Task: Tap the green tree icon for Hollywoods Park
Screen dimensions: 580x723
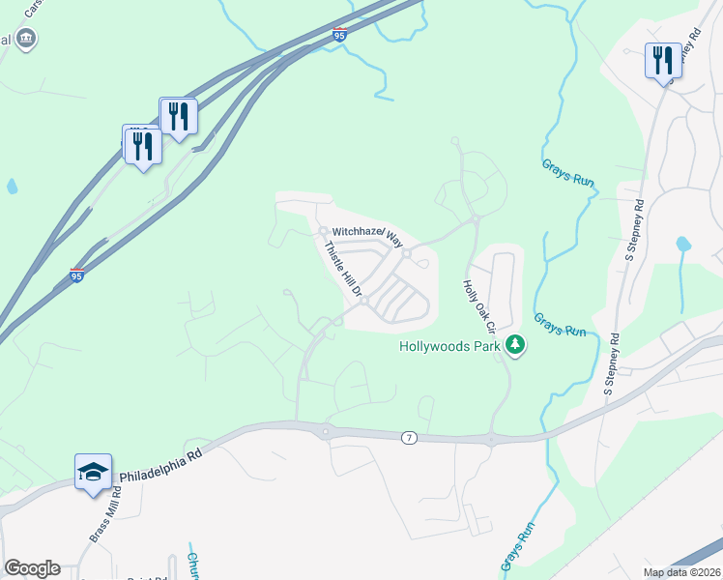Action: coord(515,345)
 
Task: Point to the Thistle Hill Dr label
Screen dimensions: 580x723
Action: coord(342,269)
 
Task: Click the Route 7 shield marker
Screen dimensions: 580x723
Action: coord(409,438)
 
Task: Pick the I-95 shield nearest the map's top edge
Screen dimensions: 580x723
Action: coord(339,35)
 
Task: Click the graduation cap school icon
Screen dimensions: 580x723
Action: coord(93,472)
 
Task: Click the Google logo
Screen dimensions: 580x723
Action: coord(33,568)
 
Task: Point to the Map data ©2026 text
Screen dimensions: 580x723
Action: coord(681,572)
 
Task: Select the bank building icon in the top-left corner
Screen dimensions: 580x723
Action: coord(25,39)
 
